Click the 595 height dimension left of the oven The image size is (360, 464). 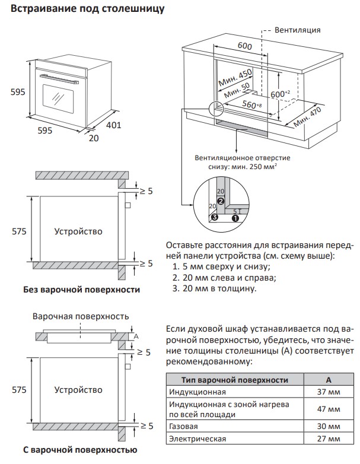click(x=18, y=92)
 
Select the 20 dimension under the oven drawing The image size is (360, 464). click(x=93, y=138)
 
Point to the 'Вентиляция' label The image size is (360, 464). click(x=299, y=30)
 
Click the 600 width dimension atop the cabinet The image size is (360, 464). click(x=244, y=46)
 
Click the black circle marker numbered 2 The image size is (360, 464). click(x=220, y=201)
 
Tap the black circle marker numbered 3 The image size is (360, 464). click(x=214, y=218)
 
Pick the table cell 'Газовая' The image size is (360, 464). click(x=184, y=427)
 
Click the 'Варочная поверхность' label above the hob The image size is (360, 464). click(x=81, y=316)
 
